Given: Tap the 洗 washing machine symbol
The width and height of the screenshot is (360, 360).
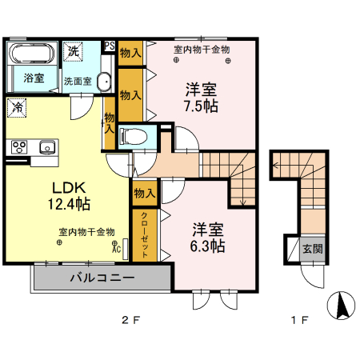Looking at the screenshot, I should point(73,50).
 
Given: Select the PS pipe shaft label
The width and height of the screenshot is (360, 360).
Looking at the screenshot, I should point(110,46).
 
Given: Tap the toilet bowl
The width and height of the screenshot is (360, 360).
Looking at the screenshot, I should point(132,135).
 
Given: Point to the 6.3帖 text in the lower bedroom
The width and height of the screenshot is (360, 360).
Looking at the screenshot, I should point(208,246).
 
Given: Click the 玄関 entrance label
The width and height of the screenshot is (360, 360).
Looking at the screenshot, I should point(312,249).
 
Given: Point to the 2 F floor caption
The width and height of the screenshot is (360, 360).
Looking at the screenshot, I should point(130,321).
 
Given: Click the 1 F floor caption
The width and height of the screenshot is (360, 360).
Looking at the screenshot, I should point(298,321).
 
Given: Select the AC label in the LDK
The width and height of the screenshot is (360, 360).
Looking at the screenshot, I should point(117,249).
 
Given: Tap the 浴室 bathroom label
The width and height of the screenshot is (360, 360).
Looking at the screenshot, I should point(33,78).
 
